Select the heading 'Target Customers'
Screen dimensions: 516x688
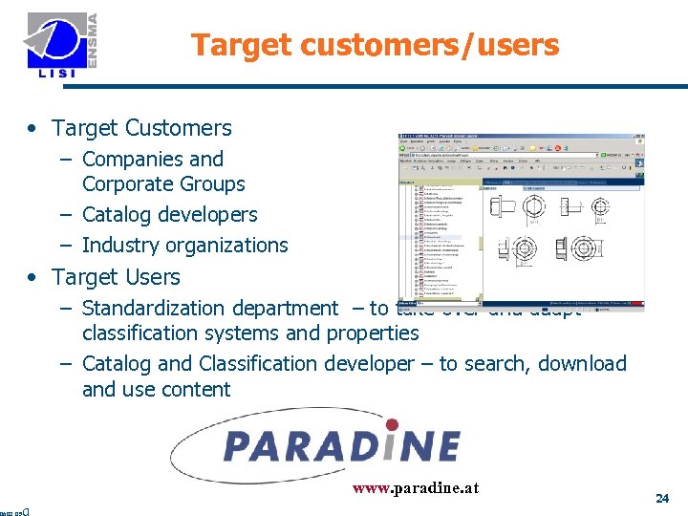pyautogui.click(x=141, y=128)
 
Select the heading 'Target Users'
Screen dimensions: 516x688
pyautogui.click(x=116, y=277)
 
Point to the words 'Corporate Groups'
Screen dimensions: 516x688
pyautogui.click(x=163, y=184)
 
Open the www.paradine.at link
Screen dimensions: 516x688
pyautogui.click(x=416, y=489)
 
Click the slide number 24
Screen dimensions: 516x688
pyautogui.click(x=661, y=498)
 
